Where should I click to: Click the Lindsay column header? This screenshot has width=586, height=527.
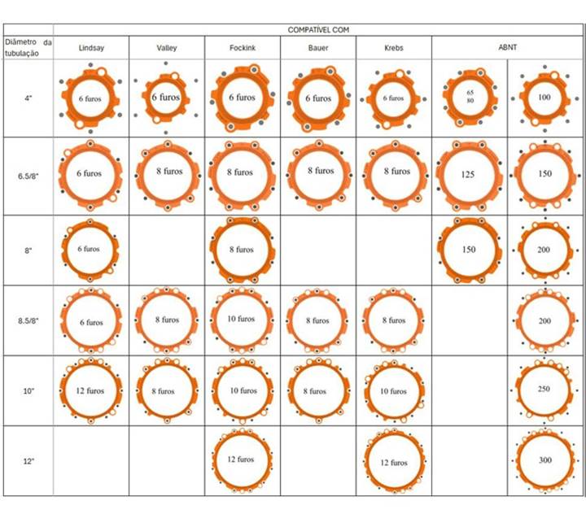click(91, 48)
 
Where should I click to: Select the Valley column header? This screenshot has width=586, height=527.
click(166, 48)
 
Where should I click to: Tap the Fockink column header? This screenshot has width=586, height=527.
click(242, 48)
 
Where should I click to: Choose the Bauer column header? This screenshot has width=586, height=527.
click(318, 48)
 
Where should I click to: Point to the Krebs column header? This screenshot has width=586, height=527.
click(393, 48)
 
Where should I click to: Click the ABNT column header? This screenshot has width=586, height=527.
click(508, 48)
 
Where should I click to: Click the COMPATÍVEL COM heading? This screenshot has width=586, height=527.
click(318, 29)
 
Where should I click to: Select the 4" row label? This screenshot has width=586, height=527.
click(28, 98)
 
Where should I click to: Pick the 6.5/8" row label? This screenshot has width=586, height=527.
click(28, 175)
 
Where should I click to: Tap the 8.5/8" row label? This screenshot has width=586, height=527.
click(28, 320)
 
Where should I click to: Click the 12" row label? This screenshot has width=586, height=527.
click(28, 461)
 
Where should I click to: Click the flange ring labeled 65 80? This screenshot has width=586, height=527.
click(470, 98)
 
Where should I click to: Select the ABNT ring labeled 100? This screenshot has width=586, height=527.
click(544, 98)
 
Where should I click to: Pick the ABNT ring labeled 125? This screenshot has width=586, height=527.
click(470, 174)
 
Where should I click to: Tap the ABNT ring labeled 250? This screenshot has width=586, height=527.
click(544, 390)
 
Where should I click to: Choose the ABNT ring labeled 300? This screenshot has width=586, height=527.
click(544, 460)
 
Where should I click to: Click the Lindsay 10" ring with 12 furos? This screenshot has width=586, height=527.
click(90, 390)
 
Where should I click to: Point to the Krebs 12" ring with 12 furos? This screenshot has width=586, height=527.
click(394, 462)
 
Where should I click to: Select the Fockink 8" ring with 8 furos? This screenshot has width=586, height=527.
click(242, 250)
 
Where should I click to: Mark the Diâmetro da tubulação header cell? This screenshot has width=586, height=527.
click(28, 48)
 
